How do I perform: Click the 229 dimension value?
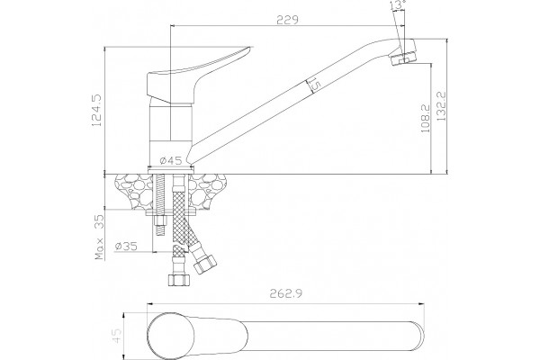287,20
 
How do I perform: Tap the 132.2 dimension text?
441,106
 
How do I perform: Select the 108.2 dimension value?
425,119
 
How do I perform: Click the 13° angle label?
397,4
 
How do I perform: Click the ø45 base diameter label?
171,160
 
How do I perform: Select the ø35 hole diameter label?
126,246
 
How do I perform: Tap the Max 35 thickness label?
100,237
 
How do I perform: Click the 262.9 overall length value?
286,294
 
